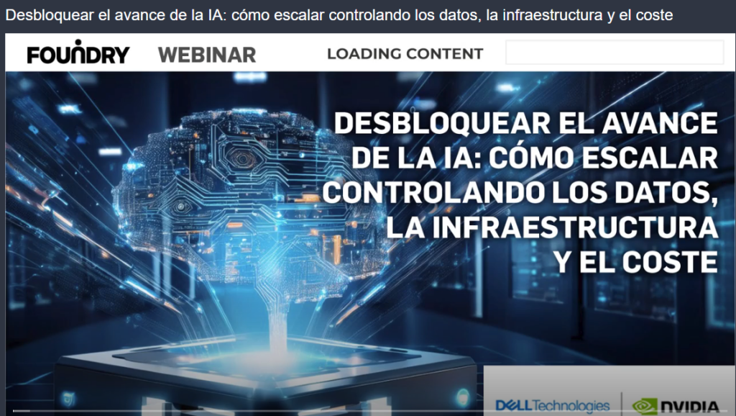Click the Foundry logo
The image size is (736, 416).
click(x=78, y=52)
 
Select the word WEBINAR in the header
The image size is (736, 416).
click(x=207, y=55)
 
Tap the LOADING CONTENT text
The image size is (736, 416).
click(x=405, y=54)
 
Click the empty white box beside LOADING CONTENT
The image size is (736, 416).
click(x=615, y=52)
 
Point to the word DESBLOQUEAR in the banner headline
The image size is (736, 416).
click(x=442, y=123)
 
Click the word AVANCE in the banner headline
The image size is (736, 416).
click(x=660, y=123)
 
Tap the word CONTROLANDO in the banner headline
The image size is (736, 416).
click(x=433, y=193)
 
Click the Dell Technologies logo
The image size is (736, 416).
click(x=553, y=405)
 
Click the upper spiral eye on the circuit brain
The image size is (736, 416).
click(x=243, y=158)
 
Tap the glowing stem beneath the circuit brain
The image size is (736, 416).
click(x=277, y=320)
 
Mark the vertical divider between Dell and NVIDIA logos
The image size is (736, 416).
click(x=622, y=404)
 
